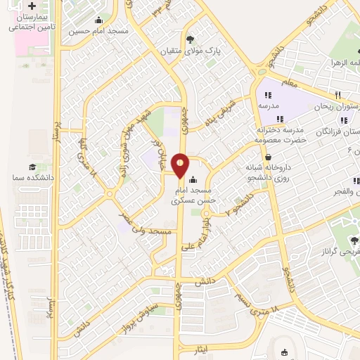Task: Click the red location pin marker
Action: [x=181, y=165]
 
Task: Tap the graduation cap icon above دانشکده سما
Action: [x=32, y=167]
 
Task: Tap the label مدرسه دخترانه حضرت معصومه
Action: [x=279, y=135]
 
